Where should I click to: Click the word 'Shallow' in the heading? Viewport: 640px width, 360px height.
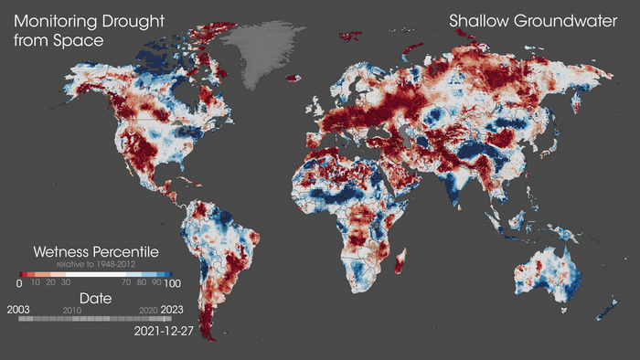point(477,20)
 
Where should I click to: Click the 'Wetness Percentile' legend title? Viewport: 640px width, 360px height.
point(96,251)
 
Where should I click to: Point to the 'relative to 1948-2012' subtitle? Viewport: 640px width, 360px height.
point(96,263)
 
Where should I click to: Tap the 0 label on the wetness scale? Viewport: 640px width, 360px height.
point(19,283)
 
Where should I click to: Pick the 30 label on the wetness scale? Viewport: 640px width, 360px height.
point(66,283)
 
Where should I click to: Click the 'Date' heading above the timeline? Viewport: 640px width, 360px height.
point(96,299)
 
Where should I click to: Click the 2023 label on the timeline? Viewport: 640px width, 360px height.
point(171,311)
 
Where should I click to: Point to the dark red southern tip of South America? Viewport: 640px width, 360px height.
point(208,324)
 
